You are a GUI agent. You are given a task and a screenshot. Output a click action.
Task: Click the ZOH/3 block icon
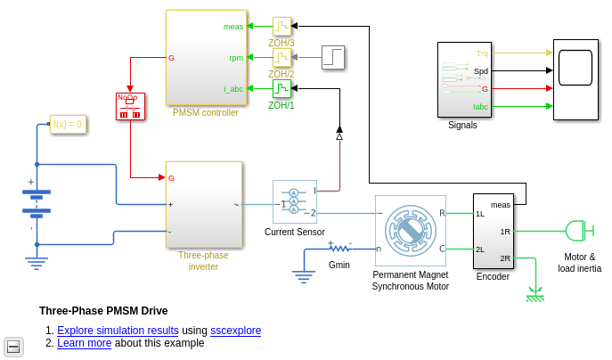282,27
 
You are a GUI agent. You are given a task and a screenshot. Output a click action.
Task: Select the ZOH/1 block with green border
282,89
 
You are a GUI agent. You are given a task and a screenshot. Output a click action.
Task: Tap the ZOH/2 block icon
282,58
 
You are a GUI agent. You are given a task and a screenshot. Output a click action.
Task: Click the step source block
332,57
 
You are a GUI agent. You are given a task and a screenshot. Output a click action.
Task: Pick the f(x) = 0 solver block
68,124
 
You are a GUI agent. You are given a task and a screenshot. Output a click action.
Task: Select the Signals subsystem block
463,79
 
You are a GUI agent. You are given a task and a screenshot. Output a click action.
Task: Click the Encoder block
493,231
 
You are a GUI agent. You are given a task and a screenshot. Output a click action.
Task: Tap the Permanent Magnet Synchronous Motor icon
410,231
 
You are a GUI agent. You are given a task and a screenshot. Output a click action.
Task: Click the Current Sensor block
294,201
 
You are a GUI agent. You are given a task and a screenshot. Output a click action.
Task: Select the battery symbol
37,203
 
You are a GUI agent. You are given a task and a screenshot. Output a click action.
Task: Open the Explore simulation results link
118,331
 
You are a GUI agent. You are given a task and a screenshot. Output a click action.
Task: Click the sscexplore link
235,331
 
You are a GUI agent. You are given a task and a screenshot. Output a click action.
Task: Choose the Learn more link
84,343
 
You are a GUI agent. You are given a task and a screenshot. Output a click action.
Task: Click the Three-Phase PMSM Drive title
103,311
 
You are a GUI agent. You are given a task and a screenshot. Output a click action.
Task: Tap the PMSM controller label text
206,113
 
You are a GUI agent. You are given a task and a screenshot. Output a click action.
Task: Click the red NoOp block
130,107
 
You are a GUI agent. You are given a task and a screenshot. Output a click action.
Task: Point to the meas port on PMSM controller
233,27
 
